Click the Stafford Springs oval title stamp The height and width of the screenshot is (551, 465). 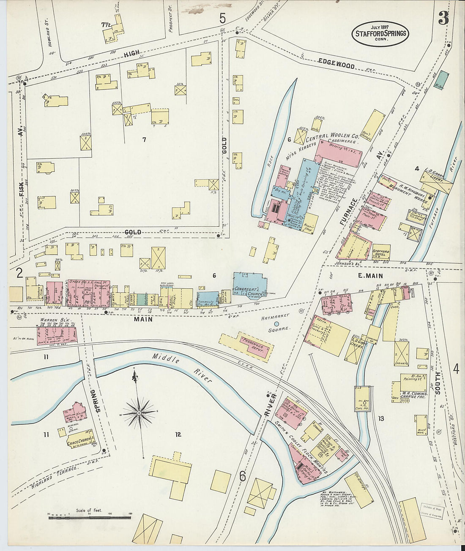[x=380, y=33]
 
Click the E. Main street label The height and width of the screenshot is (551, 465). [x=370, y=276]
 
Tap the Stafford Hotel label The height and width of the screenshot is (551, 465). [x=380, y=252]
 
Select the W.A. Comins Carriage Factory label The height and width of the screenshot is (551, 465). [x=414, y=396]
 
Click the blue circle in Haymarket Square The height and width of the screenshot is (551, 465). [x=277, y=324]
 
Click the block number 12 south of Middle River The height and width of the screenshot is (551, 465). [x=178, y=434]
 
